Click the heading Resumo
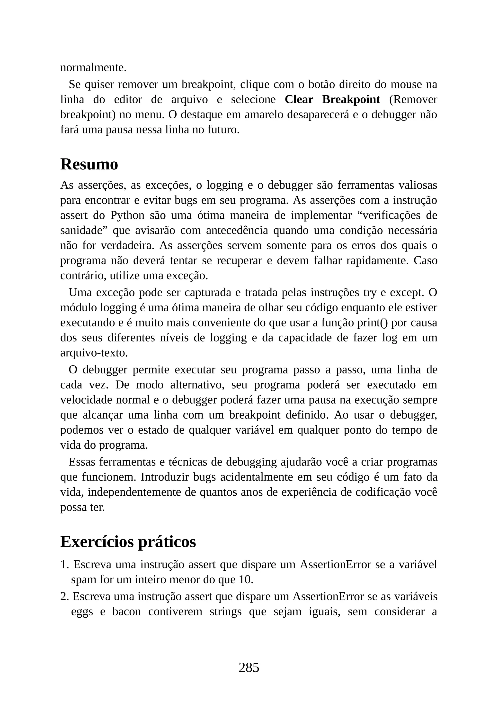[x=89, y=164]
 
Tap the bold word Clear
[x=299, y=100]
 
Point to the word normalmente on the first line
[x=93, y=67]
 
